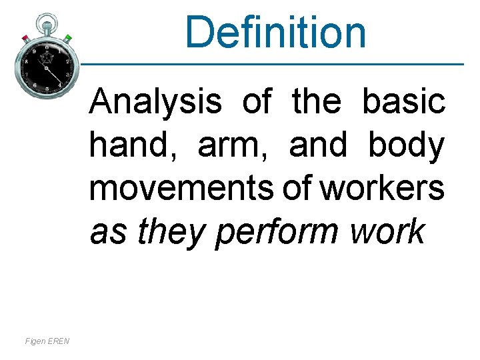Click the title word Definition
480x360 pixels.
tap(276, 32)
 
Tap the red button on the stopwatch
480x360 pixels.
tap(25, 37)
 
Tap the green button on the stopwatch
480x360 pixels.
tap(67, 37)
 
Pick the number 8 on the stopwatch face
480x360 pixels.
tap(26, 61)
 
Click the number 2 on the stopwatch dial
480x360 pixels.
tap(67, 61)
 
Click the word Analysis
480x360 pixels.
tap(155, 102)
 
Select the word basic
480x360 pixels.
tap(404, 102)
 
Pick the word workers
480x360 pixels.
tap(382, 189)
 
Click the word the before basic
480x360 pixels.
tap(317, 102)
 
